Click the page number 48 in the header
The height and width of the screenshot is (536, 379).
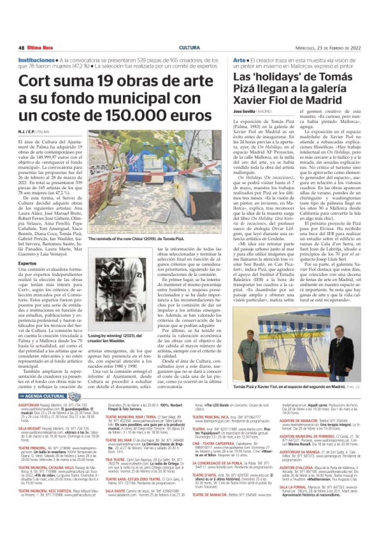coord(21,48)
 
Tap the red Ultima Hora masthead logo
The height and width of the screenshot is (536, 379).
coord(40,48)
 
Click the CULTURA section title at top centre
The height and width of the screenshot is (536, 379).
coord(189,48)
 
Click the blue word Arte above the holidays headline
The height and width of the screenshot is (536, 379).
coord(239,60)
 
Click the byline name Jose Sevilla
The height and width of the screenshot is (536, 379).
coord(244,111)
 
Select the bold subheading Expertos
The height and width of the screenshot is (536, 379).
coord(27,263)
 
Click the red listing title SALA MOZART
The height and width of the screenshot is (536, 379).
coord(30,428)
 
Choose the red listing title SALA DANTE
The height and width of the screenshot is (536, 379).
coord(115,491)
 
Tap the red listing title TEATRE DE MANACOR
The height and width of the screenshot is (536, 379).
coord(210,494)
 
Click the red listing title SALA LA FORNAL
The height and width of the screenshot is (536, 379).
coord(293,487)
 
